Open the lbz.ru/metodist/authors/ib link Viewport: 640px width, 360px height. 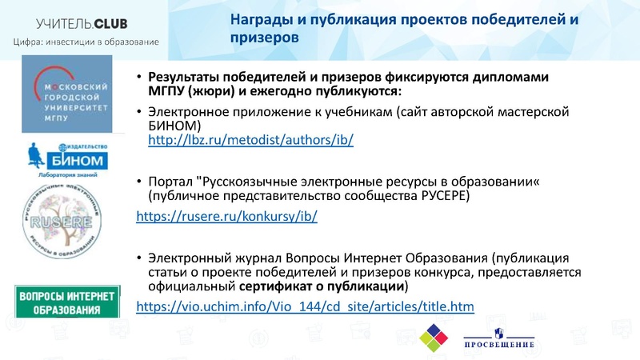click(x=251, y=140)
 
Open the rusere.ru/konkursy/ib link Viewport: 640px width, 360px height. click(x=227, y=216)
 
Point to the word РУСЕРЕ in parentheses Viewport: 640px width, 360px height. click(x=442, y=195)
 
